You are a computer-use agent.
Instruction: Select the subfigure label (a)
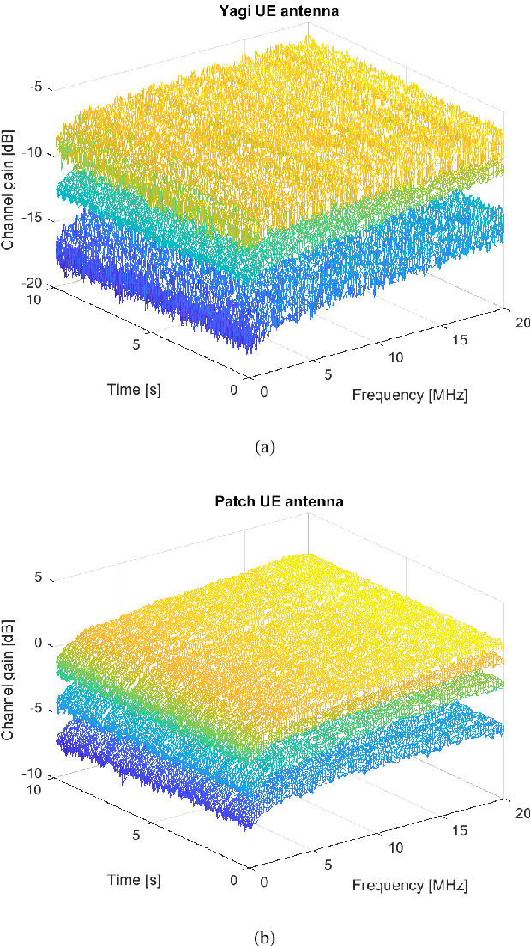tap(265, 446)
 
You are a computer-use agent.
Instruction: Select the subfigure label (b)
tap(265, 936)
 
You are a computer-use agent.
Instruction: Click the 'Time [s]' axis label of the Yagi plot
tap(134, 389)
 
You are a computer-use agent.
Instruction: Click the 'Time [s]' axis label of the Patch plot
tap(134, 879)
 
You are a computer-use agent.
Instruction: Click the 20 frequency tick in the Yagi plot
tap(521, 321)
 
